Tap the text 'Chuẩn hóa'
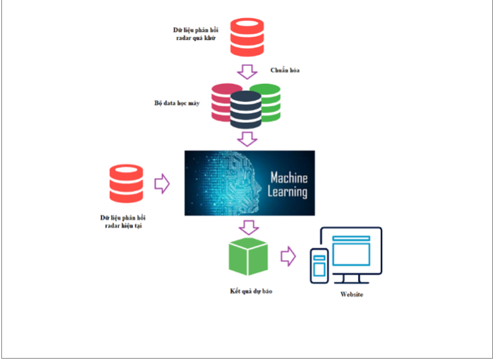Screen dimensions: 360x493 pos(285,69)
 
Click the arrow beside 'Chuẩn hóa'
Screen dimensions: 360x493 pos(249,71)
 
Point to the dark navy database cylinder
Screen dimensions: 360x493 pos(245,109)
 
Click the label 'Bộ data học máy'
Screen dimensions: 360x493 pos(177,104)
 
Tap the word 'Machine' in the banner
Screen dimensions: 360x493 pos(288,178)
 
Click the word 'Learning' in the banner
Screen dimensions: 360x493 pos(288,192)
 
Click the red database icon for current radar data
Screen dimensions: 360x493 pos(128,183)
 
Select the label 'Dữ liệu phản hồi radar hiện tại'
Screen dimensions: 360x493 pos(128,222)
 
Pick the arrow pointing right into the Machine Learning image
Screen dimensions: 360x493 pos(163,183)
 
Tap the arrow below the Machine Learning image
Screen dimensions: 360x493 pos(249,226)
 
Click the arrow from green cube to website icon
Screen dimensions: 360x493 pos(288,256)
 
